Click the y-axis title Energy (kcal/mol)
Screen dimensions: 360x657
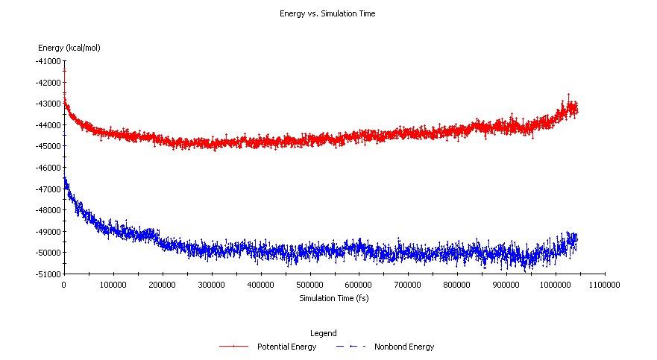pyautogui.click(x=69, y=48)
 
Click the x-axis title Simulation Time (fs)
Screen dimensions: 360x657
pyautogui.click(x=334, y=298)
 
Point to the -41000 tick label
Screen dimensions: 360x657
pyautogui.click(x=48, y=61)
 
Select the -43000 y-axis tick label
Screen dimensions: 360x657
pyautogui.click(x=48, y=104)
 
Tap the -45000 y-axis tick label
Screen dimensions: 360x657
pyautogui.click(x=48, y=146)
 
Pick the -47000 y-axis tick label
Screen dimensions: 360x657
pyautogui.click(x=48, y=189)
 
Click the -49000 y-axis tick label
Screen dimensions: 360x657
pyautogui.click(x=48, y=231)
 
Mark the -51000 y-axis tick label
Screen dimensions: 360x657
pyautogui.click(x=48, y=274)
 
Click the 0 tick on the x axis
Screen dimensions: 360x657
pyautogui.click(x=64, y=285)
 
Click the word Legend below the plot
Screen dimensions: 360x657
pyautogui.click(x=322, y=333)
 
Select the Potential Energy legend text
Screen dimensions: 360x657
pyautogui.click(x=286, y=347)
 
